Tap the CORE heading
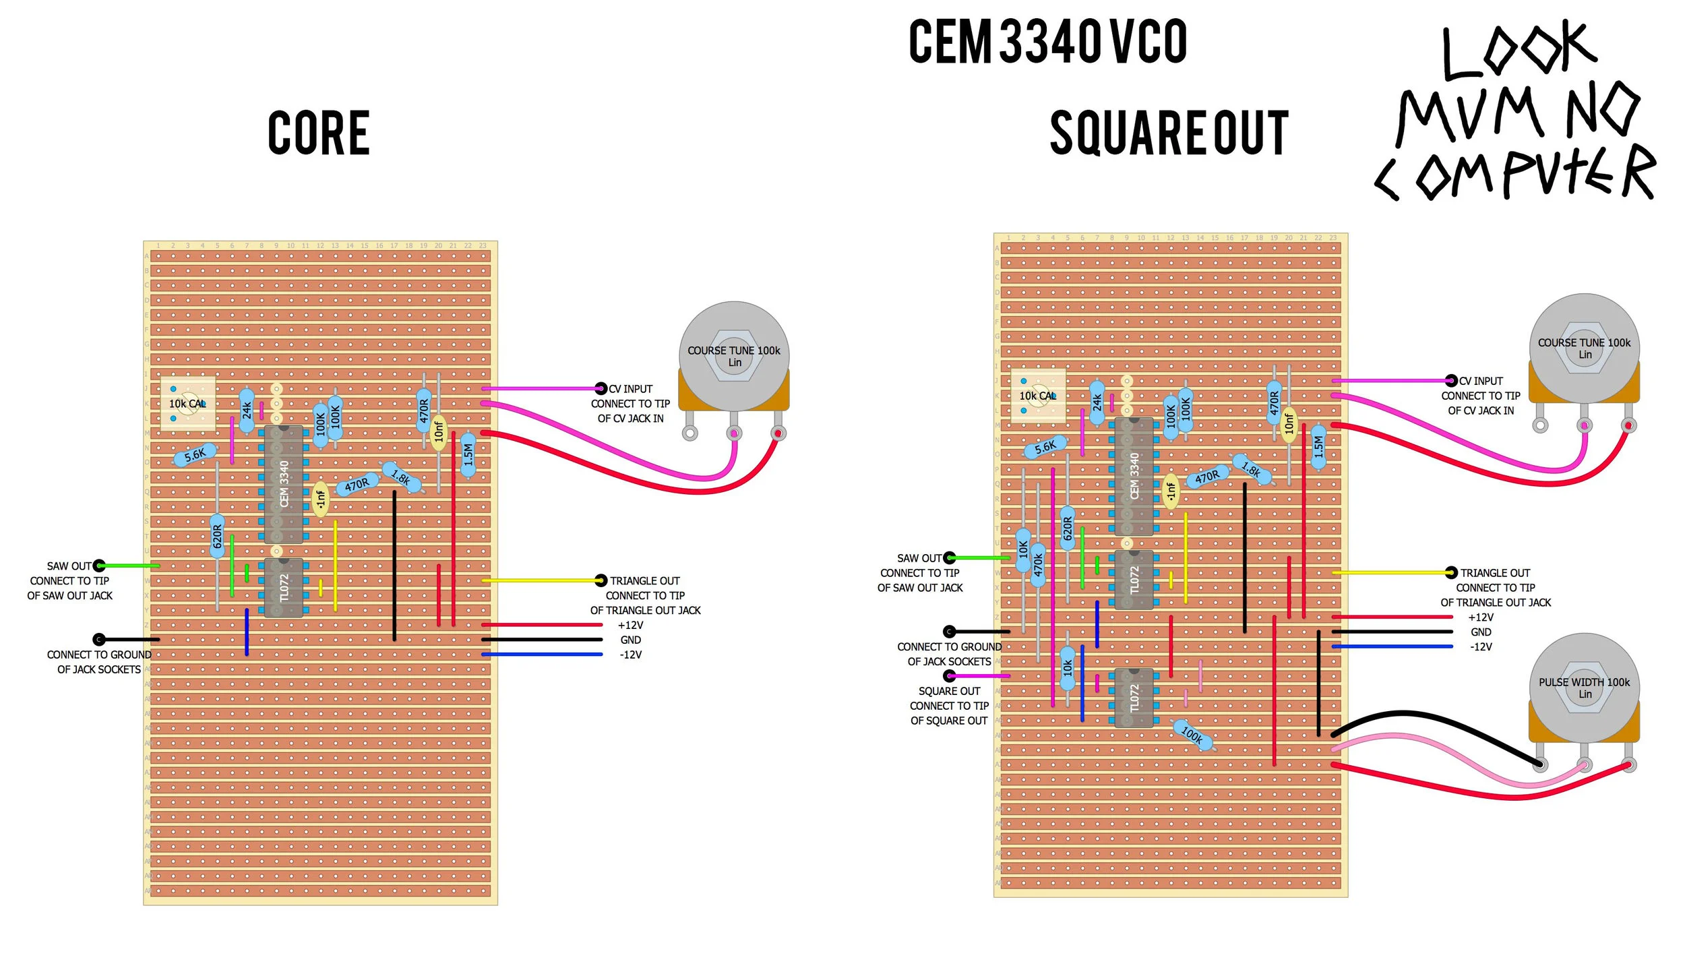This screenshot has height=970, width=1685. coord(319,133)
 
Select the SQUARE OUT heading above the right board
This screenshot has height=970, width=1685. coord(1169,133)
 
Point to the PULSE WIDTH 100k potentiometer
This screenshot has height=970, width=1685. coord(1583,688)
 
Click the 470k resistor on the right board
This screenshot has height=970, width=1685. coord(1038,564)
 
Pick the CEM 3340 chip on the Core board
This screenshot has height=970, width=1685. coord(284,484)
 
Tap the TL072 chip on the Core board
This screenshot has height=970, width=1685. coord(284,587)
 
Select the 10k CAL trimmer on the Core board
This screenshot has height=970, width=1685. coord(187,403)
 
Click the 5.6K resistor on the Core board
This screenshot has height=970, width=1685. coord(195,455)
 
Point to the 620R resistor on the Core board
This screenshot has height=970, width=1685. coord(217,536)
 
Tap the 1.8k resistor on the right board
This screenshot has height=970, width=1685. coord(1252,469)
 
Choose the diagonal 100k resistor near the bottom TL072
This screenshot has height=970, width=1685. coord(1192,735)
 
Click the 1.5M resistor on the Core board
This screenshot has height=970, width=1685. coord(468,455)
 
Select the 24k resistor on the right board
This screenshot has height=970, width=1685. coord(1097,402)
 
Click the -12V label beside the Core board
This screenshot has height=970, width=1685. coord(630,655)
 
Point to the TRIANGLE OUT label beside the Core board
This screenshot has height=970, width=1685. coord(644,581)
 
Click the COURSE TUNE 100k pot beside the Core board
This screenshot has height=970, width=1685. coord(734,355)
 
